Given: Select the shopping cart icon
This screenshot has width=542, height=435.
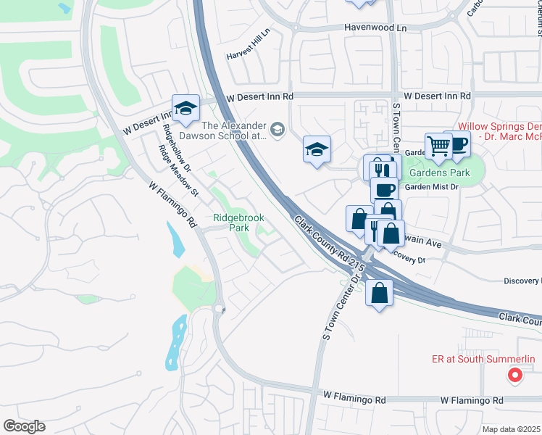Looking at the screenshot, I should pyautogui.click(x=438, y=146).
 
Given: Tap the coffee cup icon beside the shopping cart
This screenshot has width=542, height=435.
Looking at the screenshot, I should pyautogui.click(x=458, y=144).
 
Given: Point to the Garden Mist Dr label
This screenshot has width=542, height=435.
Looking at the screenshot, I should pyautogui.click(x=433, y=186).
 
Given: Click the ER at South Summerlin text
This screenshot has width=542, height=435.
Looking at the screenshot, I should pyautogui.click(x=490, y=360).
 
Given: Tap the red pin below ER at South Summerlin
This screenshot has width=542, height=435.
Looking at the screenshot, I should pyautogui.click(x=514, y=375).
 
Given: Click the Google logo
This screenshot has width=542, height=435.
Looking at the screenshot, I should pyautogui.click(x=24, y=426).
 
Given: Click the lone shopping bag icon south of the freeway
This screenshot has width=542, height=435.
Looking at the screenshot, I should pyautogui.click(x=380, y=293).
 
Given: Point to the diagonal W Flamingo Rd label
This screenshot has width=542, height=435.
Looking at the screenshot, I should pyautogui.click(x=172, y=205).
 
